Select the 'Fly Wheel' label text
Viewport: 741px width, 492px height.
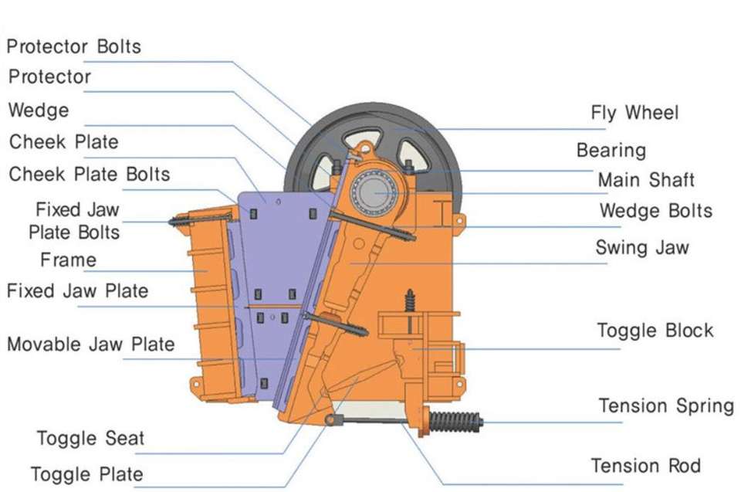click(634, 113)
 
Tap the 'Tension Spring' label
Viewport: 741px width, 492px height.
click(666, 405)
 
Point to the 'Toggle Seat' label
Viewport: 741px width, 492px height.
click(90, 439)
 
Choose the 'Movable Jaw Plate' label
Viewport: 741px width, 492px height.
click(90, 344)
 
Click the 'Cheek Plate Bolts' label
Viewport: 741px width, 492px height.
click(89, 174)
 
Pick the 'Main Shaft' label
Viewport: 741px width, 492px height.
click(646, 180)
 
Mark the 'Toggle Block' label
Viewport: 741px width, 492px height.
click(655, 331)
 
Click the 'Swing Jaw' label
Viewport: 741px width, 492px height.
click(641, 248)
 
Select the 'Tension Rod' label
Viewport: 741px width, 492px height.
click(645, 466)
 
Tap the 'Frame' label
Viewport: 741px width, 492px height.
click(68, 260)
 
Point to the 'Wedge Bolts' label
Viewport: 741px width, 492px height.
click(655, 210)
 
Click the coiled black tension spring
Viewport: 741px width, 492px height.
click(455, 422)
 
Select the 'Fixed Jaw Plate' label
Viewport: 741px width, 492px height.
click(77, 291)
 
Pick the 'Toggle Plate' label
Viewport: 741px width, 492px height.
click(86, 473)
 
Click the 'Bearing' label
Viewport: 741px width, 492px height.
click(611, 150)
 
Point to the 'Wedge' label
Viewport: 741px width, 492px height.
click(38, 110)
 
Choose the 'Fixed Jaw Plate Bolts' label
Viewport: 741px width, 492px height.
click(76, 221)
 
